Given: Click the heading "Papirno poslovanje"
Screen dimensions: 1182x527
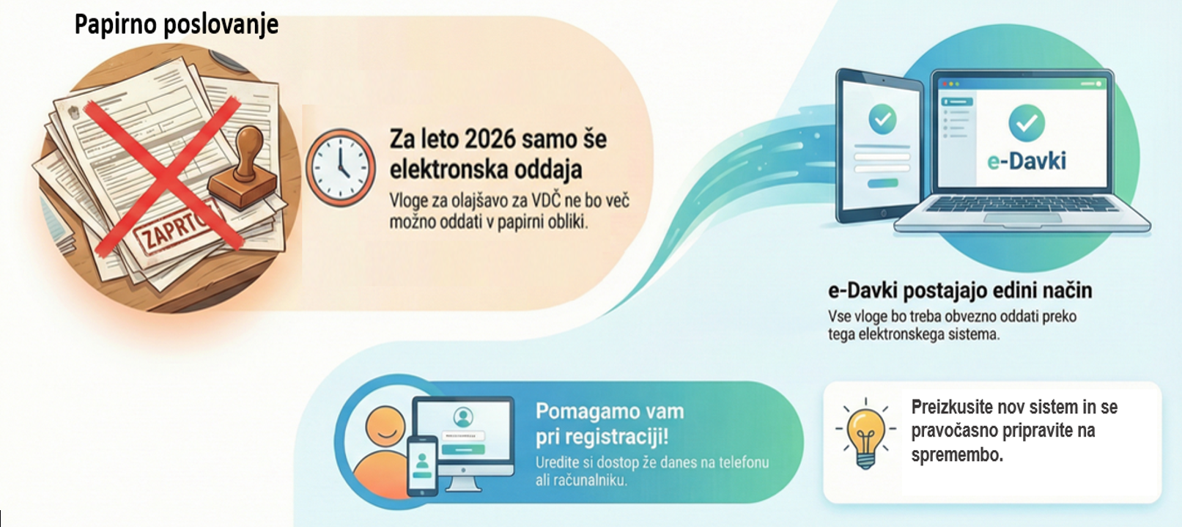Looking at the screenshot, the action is pos(177,25).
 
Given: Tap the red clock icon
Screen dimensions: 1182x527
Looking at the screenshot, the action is pos(341,167).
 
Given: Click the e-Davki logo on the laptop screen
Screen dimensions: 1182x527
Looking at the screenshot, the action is pos(1027,161).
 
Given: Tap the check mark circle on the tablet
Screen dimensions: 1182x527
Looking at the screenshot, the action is pos(882,119).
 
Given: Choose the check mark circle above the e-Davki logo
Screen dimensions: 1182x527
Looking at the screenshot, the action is pos(1027,122).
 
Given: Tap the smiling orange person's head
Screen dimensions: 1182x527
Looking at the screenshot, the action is pos(385,426).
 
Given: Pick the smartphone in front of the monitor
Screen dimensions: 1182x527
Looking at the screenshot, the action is pos(422,465).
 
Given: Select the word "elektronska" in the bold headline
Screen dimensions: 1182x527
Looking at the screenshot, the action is pos(448,169).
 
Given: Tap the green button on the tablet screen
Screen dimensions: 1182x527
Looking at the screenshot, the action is pos(883,183).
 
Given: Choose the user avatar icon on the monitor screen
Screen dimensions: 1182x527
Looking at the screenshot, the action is pos(463,417).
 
